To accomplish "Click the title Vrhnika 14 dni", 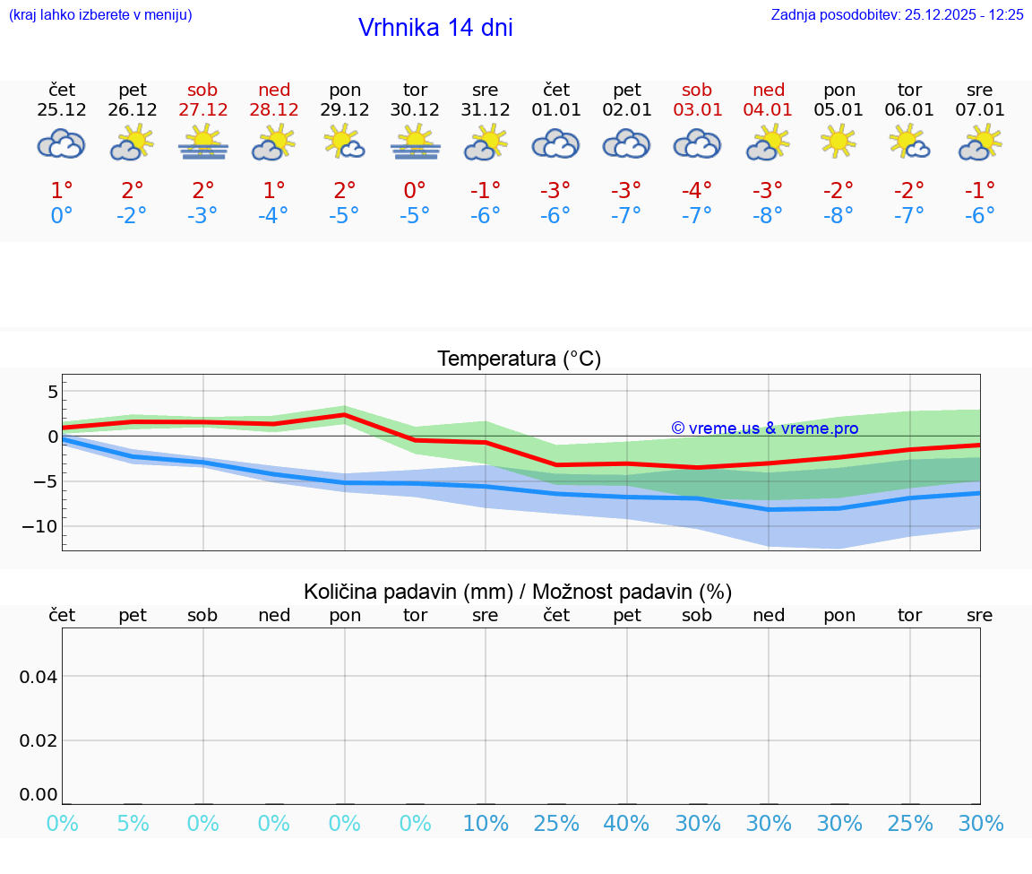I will (435, 28).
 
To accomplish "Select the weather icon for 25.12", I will (61, 143).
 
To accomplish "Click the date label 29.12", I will (345, 110).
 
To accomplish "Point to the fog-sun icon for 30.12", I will (415, 143).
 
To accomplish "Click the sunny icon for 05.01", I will (838, 142).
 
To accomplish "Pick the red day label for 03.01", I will (697, 91).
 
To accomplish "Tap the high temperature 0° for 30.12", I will (415, 191).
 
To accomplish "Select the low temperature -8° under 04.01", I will (768, 216).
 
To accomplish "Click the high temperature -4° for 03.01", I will (697, 191).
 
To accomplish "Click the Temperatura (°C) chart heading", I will (520, 359).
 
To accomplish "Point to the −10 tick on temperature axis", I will (39, 526).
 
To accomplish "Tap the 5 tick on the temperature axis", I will (52, 392).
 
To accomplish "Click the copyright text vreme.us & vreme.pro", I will (765, 428).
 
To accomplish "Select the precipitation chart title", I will (518, 592).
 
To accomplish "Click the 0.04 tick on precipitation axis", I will (39, 677).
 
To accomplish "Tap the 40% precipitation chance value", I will (626, 823).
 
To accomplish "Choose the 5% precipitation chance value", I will (133, 823).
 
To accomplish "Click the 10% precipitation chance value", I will (486, 823).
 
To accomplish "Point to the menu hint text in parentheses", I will (100, 14).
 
